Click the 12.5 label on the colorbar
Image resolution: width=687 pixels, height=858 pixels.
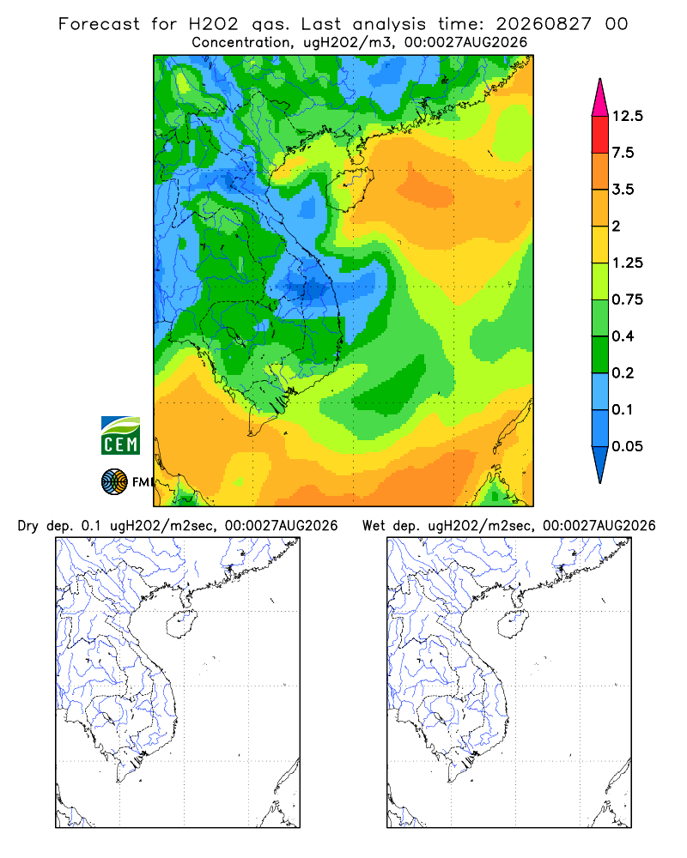click(x=627, y=116)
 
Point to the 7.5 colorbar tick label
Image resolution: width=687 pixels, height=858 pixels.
click(x=623, y=153)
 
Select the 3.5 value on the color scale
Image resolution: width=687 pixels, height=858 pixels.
click(x=623, y=190)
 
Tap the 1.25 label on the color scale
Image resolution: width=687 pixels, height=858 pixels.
click(x=627, y=263)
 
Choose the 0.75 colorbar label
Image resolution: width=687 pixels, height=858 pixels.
click(x=627, y=299)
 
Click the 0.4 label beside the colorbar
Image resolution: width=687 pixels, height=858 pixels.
click(x=623, y=336)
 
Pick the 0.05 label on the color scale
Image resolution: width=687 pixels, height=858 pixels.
click(x=627, y=446)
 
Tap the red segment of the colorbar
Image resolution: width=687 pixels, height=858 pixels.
click(x=600, y=135)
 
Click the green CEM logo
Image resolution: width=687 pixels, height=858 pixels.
click(x=120, y=436)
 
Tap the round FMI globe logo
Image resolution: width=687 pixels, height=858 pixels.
click(x=114, y=482)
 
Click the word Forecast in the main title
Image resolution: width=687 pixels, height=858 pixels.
click(x=99, y=24)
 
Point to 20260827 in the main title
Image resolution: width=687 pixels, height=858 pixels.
click(x=544, y=24)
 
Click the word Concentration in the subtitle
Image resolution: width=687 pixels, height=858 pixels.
click(x=240, y=43)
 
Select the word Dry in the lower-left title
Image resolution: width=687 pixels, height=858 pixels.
click(x=28, y=526)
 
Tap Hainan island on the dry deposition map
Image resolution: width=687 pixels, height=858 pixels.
click(x=181, y=625)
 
